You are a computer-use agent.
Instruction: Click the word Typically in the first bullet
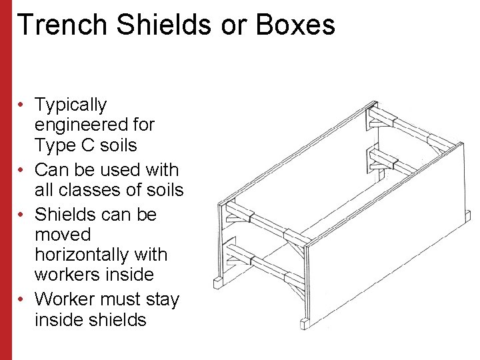(70, 105)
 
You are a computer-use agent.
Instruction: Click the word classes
(89, 190)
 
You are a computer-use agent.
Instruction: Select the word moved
(62, 235)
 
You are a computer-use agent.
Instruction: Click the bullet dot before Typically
(22, 105)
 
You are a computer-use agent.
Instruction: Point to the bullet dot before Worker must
(22, 299)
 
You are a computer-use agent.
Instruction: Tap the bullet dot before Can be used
(22, 170)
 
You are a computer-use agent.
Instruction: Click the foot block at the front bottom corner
(305, 324)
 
